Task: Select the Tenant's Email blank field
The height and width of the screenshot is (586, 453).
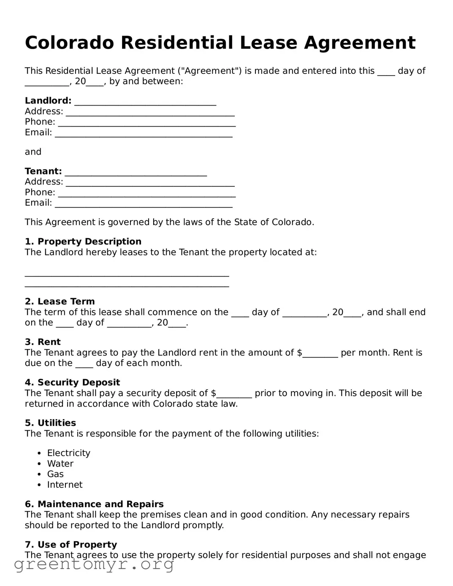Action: tap(144, 204)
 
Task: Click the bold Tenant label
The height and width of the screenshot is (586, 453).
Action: tap(43, 171)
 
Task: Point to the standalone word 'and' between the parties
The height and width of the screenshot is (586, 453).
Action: tap(33, 152)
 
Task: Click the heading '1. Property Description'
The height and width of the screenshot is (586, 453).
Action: tap(83, 241)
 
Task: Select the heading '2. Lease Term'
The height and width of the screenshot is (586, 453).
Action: tap(60, 301)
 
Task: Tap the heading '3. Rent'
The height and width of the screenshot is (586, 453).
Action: tap(43, 342)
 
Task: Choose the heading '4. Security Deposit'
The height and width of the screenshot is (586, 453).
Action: tap(72, 383)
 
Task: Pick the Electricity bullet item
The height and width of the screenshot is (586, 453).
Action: tap(68, 453)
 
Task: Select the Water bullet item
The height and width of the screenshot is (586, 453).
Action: tap(60, 464)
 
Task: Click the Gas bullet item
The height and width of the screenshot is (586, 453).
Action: tap(55, 474)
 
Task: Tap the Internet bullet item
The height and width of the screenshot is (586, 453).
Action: tap(65, 485)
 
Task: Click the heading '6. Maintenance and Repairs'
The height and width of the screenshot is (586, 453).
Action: tap(94, 504)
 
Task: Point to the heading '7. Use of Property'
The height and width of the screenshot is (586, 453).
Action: tap(71, 545)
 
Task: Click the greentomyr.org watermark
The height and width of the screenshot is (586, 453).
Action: tap(94, 564)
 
